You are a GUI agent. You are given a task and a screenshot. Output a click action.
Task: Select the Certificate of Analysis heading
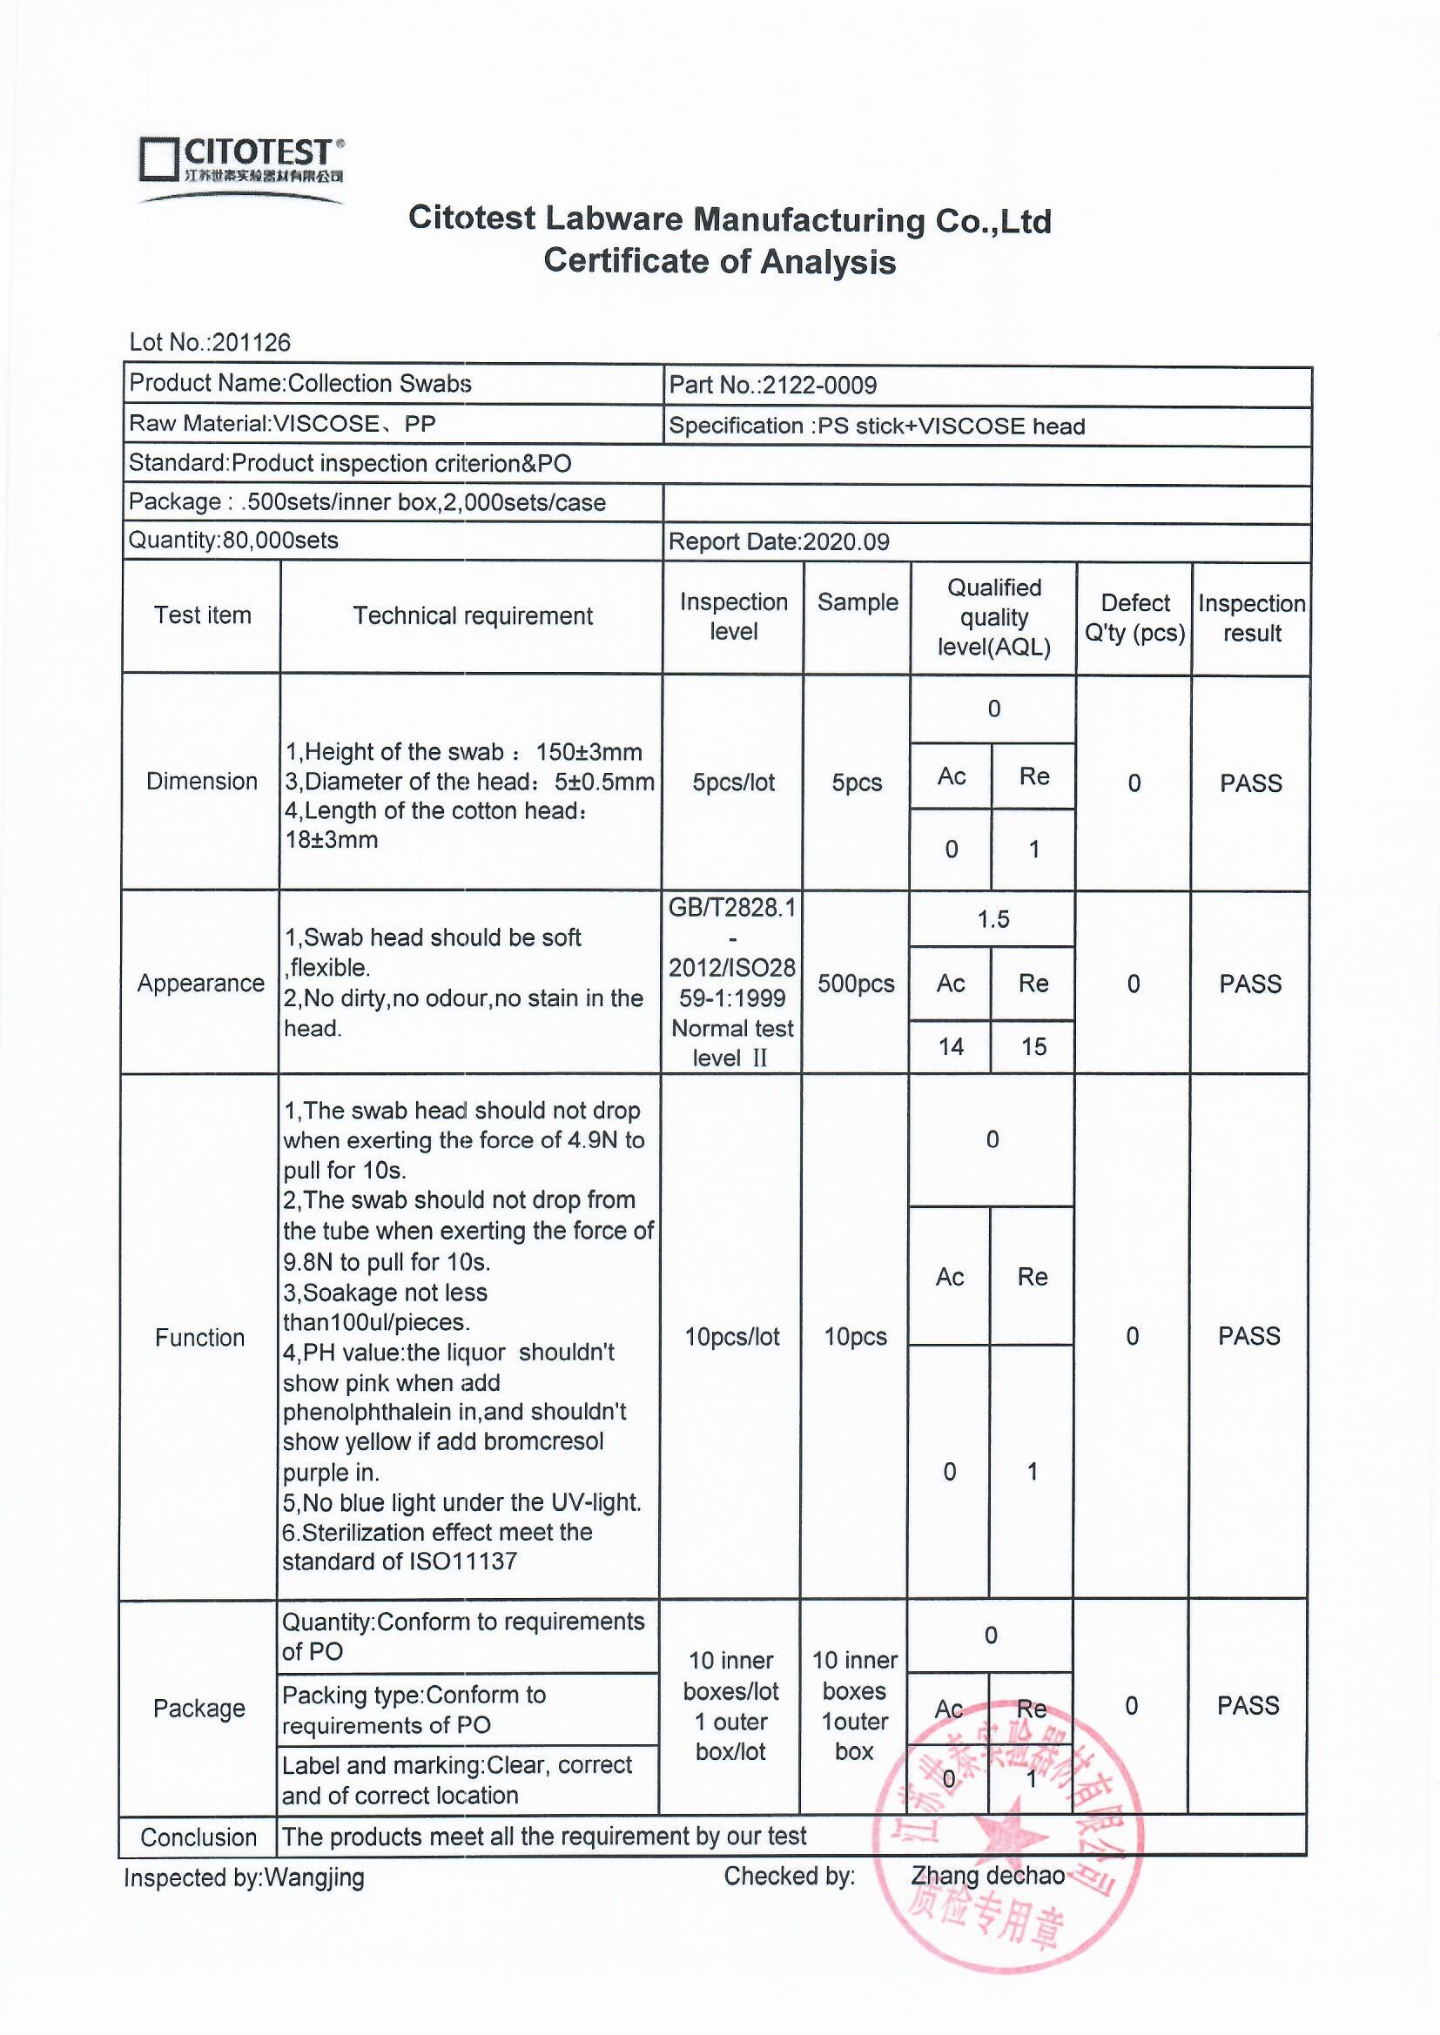[x=719, y=261]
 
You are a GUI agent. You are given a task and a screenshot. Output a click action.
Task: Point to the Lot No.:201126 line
[x=210, y=342]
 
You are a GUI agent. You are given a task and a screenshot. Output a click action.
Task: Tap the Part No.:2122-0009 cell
[x=772, y=385]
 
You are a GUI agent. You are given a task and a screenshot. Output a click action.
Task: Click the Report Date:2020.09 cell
[x=778, y=541]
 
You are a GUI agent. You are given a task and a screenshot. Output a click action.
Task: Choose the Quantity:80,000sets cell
[x=233, y=540]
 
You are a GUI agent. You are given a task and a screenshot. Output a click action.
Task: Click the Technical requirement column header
[x=473, y=616]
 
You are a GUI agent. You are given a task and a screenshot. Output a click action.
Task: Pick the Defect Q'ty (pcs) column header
[x=1135, y=618]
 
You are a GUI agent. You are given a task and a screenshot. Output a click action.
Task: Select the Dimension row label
[x=202, y=781]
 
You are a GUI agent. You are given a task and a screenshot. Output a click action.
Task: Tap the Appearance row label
[x=201, y=983]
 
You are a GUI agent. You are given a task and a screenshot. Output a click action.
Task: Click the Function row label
[x=199, y=1338]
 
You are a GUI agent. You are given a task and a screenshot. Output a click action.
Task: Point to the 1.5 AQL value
[x=993, y=919]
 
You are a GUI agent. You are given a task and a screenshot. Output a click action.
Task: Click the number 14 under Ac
[x=951, y=1047]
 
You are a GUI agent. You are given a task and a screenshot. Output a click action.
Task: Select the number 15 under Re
[x=1034, y=1047]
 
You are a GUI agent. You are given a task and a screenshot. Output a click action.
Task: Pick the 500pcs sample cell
[x=856, y=984]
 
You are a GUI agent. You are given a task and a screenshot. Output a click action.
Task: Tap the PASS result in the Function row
[x=1249, y=1337]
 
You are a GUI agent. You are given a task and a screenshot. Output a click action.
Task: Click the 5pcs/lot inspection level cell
[x=733, y=782]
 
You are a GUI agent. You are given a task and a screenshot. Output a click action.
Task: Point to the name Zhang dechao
[x=988, y=1876]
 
